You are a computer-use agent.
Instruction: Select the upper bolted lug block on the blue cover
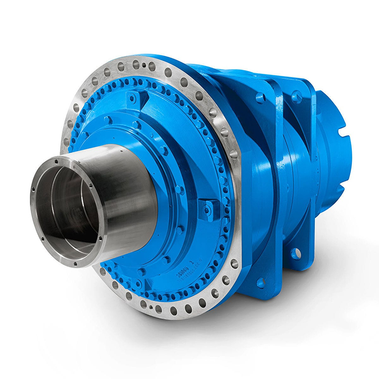click(132, 98)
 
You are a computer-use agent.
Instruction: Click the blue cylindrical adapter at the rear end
click(334, 152)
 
